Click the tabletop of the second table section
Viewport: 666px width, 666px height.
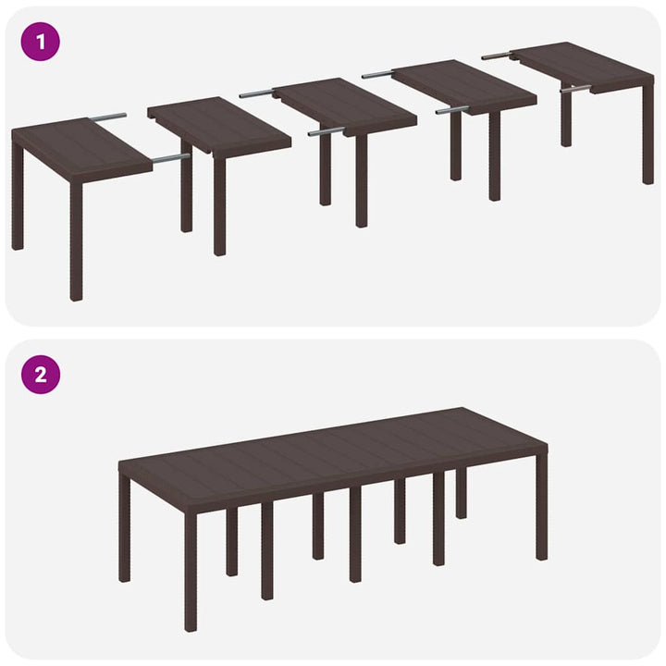[x=219, y=126]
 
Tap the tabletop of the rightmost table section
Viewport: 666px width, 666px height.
[x=583, y=64]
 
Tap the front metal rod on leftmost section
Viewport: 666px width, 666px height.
[x=170, y=158]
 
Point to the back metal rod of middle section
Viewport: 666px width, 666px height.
[x=256, y=93]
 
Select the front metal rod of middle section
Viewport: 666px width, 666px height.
[x=326, y=131]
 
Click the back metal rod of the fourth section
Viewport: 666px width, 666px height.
[x=378, y=74]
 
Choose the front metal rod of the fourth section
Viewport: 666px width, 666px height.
[x=452, y=109]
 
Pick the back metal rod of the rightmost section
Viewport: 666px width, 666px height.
[x=496, y=55]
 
